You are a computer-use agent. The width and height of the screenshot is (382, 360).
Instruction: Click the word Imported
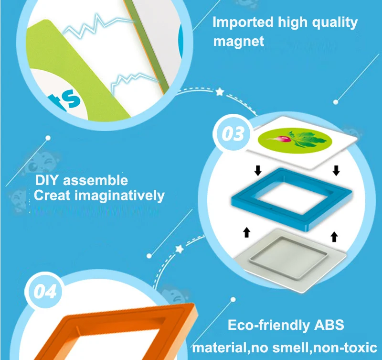click(243, 22)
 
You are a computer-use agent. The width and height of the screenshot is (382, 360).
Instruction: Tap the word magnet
click(238, 41)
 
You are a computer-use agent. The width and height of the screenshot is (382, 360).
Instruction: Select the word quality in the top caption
click(335, 22)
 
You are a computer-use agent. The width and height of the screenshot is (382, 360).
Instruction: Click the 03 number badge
click(233, 133)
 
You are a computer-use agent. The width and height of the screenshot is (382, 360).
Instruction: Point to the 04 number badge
click(44, 291)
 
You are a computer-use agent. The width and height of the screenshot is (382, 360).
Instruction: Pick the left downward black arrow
click(258, 170)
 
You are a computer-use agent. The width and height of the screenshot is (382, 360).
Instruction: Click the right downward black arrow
click(336, 170)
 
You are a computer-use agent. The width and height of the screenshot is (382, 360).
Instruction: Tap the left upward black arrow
click(246, 232)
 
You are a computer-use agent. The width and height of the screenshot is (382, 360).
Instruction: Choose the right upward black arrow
click(334, 237)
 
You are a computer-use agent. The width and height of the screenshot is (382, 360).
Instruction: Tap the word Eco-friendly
click(268, 325)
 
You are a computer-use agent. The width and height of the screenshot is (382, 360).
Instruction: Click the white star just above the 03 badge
click(220, 92)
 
